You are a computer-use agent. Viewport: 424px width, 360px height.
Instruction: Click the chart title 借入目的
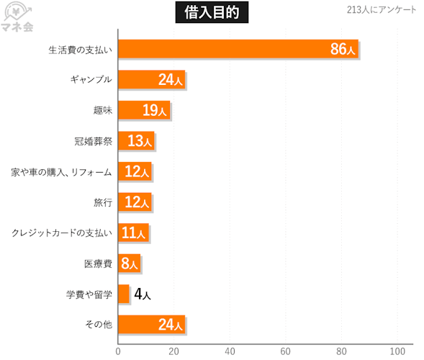point(212,12)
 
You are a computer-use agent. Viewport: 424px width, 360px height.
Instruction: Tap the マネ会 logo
point(18,17)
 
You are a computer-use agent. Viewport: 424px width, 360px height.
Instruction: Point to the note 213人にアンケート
point(382,10)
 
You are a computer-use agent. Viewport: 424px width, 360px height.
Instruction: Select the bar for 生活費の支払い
point(238,49)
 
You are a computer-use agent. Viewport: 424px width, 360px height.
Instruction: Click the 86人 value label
point(343,49)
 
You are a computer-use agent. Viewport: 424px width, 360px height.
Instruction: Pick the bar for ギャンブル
point(152,79)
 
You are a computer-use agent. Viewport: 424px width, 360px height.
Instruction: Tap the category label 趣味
point(103,110)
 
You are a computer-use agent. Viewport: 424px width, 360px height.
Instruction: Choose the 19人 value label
point(154,110)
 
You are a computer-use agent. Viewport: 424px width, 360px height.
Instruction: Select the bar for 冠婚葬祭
point(136,140)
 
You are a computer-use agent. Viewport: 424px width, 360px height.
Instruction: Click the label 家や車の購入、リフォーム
point(61,172)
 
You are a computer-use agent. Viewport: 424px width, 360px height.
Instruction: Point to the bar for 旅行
point(135,202)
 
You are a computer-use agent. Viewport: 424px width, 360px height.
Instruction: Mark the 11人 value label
point(134,233)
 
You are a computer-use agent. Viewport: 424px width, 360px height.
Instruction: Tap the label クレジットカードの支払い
point(62,233)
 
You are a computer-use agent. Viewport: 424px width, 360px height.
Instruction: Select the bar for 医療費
point(130,264)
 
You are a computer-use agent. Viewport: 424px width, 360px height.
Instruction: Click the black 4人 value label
point(143,294)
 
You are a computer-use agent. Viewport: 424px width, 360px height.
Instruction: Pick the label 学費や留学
point(89,294)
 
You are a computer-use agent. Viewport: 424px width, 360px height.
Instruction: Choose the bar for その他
point(152,325)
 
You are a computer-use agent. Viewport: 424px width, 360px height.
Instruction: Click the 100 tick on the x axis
point(397,351)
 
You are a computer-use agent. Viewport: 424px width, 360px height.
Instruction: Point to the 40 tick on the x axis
point(230,351)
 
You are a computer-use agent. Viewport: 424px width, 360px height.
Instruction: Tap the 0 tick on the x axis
point(118,351)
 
